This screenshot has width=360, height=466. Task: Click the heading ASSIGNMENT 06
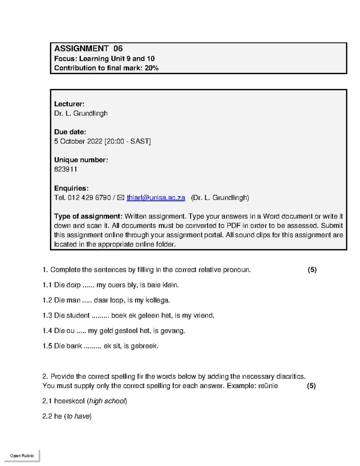click(88, 49)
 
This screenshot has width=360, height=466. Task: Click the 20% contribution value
click(151, 68)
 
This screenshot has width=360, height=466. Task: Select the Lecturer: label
click(69, 104)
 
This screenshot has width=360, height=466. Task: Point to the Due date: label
click(70, 132)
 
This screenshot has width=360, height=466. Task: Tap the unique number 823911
click(66, 169)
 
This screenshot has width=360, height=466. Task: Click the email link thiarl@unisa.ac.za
click(156, 198)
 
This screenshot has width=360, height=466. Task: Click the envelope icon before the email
click(121, 198)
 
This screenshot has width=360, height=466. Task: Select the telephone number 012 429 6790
click(89, 198)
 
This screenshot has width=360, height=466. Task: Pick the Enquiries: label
click(71, 188)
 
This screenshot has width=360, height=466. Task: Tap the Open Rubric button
click(22, 455)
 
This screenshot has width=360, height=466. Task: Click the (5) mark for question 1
click(312, 270)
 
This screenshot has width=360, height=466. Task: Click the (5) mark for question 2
click(311, 386)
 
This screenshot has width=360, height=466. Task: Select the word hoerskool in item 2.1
click(69, 401)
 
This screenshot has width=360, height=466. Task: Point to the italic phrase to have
click(78, 416)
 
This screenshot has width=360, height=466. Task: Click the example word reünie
click(268, 386)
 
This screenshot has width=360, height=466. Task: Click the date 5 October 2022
click(78, 141)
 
